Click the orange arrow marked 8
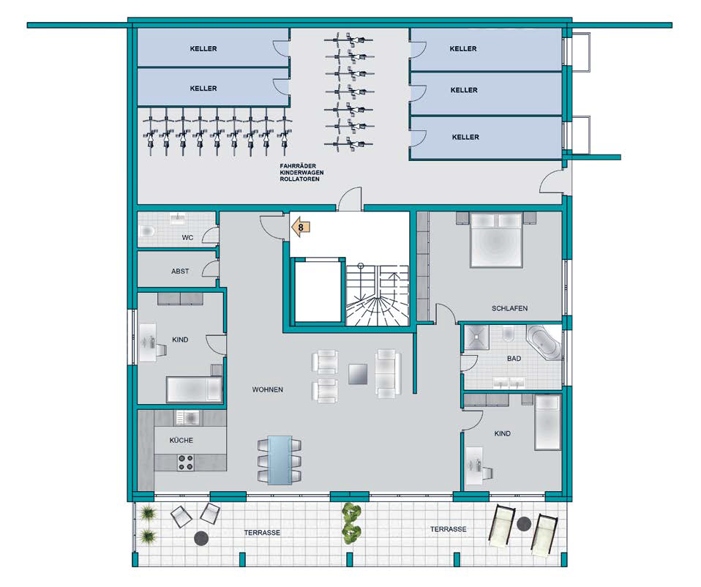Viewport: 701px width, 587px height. [301, 227]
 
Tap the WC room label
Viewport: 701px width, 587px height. [187, 237]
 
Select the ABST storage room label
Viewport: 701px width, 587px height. [180, 271]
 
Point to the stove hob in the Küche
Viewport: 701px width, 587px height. [186, 463]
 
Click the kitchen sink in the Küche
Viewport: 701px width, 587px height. [188, 418]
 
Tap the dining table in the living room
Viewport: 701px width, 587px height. [280, 460]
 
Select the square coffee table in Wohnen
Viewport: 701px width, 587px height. [358, 374]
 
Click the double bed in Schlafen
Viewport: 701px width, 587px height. [496, 240]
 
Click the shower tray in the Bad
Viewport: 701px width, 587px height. [476, 338]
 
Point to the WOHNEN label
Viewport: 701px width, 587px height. [267, 389]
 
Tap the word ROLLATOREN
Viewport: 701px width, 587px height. [299, 179]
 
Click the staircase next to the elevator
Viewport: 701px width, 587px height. [378, 295]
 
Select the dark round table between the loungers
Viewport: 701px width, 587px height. [523, 523]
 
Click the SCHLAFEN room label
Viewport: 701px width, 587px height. [509, 308]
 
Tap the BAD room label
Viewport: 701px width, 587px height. [514, 358]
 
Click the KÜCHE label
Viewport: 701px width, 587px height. [181, 440]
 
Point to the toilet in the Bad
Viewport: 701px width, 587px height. [508, 334]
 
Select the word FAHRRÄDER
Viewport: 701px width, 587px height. [298, 166]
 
